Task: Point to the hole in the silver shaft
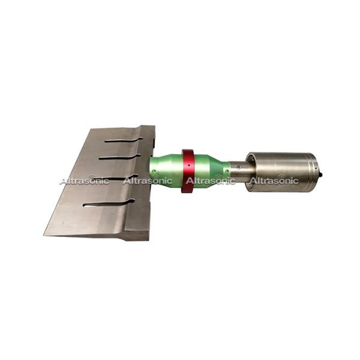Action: (239, 166)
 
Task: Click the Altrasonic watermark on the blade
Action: (84, 181)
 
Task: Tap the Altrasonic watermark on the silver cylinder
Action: (274, 180)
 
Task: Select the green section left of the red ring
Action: (165, 174)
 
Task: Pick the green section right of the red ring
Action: (213, 173)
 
